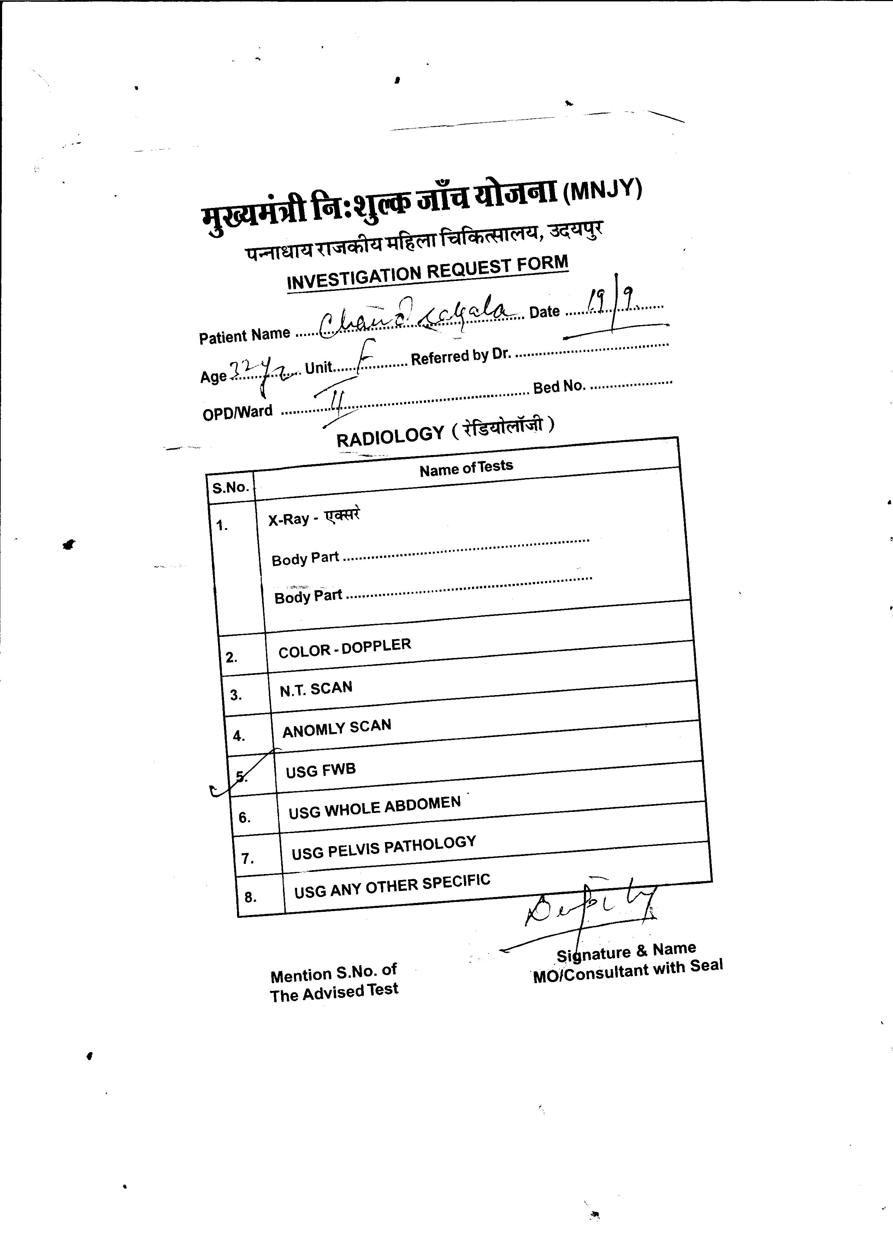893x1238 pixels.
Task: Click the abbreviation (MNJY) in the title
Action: (602, 190)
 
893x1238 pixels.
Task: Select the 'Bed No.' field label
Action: (559, 387)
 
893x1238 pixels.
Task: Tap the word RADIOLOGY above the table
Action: (390, 436)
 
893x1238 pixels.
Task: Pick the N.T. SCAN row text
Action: (316, 689)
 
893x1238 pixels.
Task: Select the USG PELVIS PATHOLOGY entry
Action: (383, 847)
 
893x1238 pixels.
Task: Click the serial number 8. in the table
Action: (250, 897)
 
